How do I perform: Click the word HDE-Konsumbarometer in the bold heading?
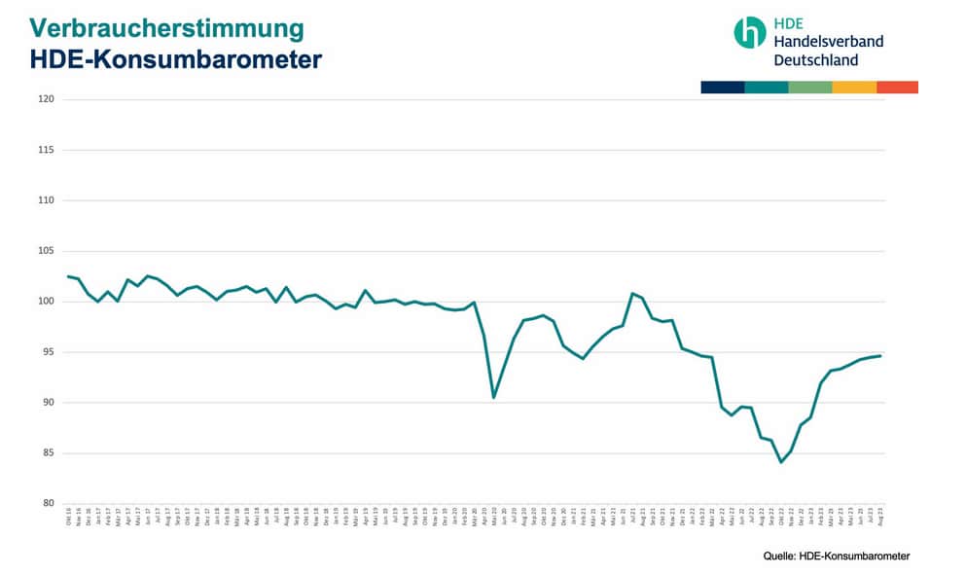pyautogui.click(x=175, y=59)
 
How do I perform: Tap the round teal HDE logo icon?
pyautogui.click(x=749, y=32)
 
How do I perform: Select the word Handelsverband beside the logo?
pyautogui.click(x=828, y=41)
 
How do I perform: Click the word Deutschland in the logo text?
pyautogui.click(x=815, y=59)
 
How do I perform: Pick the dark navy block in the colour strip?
pyautogui.click(x=722, y=88)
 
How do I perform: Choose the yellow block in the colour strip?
pyautogui.click(x=854, y=88)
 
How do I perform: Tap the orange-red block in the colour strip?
pyautogui.click(x=897, y=88)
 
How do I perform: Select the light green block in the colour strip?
pyautogui.click(x=810, y=88)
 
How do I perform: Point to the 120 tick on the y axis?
pyautogui.click(x=46, y=99)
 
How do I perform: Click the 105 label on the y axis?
pyautogui.click(x=46, y=251)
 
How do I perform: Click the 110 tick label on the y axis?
pyautogui.click(x=46, y=200)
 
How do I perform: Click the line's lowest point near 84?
pyautogui.click(x=780, y=462)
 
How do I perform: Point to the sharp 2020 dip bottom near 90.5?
pyautogui.click(x=494, y=397)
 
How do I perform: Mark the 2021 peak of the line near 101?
pyautogui.click(x=632, y=293)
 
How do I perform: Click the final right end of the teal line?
pyautogui.click(x=880, y=355)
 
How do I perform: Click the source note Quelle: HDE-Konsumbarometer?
pyautogui.click(x=836, y=556)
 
